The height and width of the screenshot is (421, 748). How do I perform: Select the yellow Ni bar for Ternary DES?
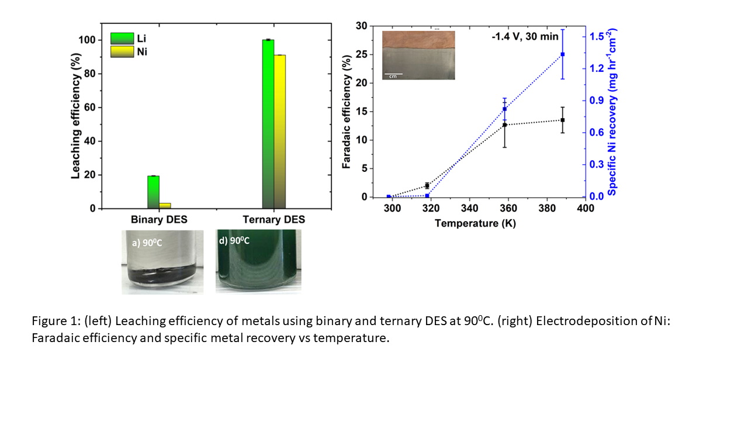[x=280, y=132]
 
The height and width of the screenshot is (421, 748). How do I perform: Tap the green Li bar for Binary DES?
[x=153, y=192]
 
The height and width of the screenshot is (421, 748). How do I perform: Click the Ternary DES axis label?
[x=274, y=220]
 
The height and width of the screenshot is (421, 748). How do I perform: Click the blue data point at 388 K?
[x=563, y=54]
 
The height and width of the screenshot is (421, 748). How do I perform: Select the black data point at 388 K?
[x=563, y=120]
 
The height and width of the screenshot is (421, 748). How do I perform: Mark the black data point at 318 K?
[x=427, y=186]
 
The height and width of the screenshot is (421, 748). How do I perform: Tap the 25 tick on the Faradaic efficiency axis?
[x=367, y=54]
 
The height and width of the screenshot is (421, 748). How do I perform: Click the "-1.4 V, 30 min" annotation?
[x=525, y=37]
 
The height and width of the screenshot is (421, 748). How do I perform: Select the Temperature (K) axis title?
[x=475, y=223]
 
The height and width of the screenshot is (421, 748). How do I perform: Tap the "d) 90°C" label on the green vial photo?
[x=234, y=240]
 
